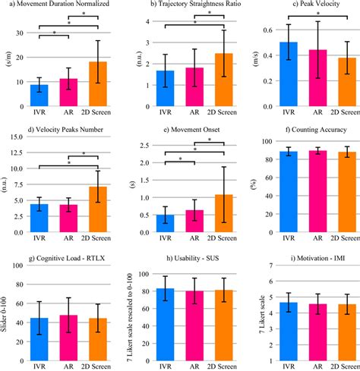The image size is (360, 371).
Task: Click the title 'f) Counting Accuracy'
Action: (303, 130)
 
